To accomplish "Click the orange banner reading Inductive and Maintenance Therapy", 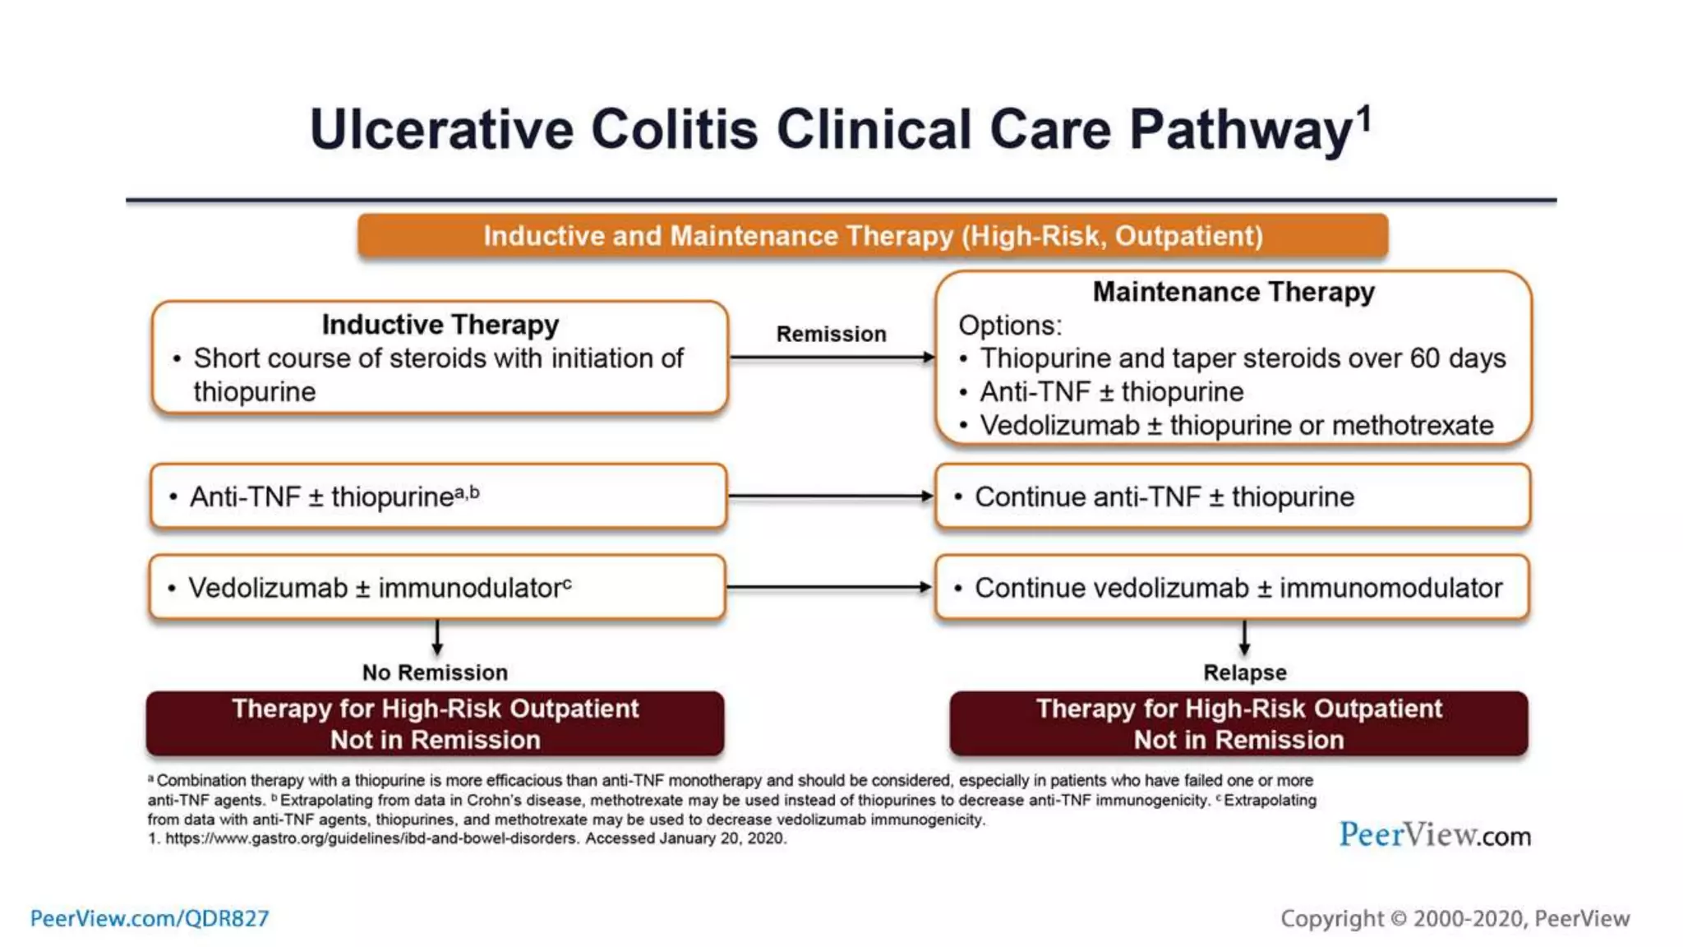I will click(x=873, y=236).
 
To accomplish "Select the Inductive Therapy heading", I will click(x=440, y=325).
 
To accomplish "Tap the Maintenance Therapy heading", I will click(x=1233, y=292).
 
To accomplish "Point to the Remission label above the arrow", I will click(x=831, y=334).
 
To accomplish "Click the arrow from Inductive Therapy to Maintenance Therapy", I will click(x=832, y=358).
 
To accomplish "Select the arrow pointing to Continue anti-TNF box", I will click(x=830, y=497).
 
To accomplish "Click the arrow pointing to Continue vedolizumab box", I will click(x=828, y=588).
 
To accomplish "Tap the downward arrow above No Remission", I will click(x=437, y=638).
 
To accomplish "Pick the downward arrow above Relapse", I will click(x=1244, y=638).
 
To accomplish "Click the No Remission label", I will click(x=435, y=672).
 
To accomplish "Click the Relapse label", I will click(x=1244, y=672).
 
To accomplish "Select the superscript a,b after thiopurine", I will click(x=467, y=492).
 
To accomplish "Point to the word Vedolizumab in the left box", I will click(x=268, y=589).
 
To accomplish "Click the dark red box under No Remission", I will click(x=435, y=723).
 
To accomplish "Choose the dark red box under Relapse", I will click(x=1238, y=723).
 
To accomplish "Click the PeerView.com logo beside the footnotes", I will click(x=1435, y=835).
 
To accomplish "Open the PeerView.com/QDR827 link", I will click(x=150, y=918).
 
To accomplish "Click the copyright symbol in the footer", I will click(x=1399, y=919).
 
